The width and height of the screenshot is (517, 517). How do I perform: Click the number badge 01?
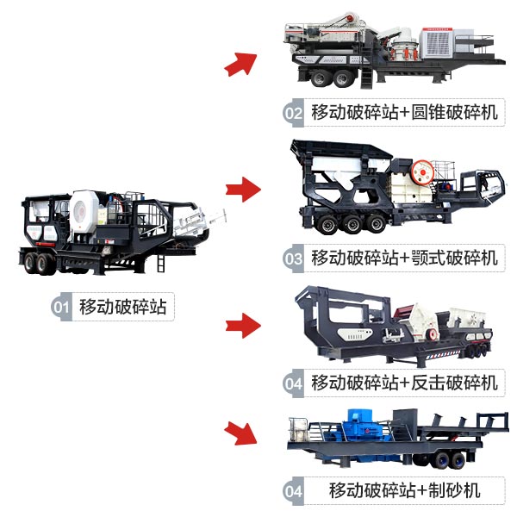[61, 307]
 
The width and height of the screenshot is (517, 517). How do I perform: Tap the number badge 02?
[294, 113]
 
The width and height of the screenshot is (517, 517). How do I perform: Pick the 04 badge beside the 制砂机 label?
[294, 492]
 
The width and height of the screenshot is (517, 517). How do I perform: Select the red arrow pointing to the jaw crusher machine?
[243, 189]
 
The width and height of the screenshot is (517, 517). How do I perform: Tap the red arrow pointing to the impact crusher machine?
[243, 325]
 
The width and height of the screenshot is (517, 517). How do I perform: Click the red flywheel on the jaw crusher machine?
[421, 170]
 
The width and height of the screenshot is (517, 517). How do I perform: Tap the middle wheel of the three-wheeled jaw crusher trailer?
[352, 224]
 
